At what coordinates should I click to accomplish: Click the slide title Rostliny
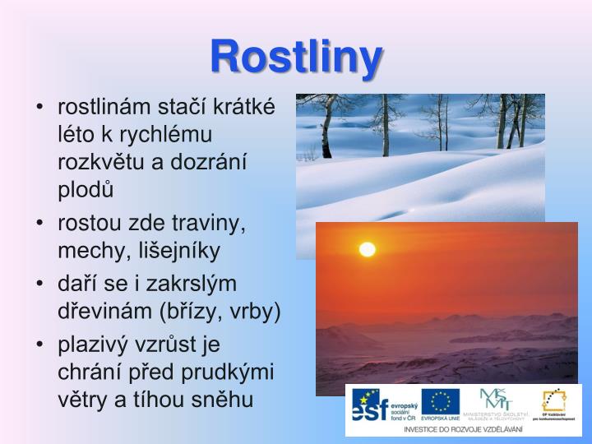(296, 57)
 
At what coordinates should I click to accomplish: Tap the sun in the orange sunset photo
(367, 249)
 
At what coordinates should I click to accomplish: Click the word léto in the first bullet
(75, 132)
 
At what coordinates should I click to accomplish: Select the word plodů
(85, 188)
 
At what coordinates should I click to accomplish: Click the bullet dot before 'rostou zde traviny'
(40, 224)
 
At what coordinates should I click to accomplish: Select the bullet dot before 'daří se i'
(40, 284)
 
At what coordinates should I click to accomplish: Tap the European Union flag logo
(441, 403)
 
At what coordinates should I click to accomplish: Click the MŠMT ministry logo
(496, 403)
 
